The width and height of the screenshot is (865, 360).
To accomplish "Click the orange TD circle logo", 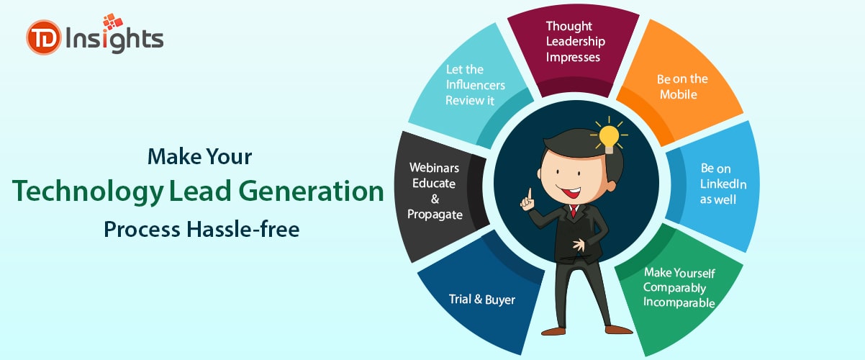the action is click(x=44, y=37).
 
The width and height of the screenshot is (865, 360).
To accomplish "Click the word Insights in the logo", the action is click(x=114, y=39).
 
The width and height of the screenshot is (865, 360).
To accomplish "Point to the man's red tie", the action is click(x=574, y=211).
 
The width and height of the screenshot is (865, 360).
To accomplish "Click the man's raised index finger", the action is click(x=530, y=193).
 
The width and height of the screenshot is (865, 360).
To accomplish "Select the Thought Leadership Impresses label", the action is click(x=576, y=42).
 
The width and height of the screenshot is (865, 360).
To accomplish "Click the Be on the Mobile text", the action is click(x=682, y=86).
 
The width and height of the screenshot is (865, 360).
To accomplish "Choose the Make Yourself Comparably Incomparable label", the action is click(x=679, y=287).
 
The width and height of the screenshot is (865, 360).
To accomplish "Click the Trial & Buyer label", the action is click(x=482, y=300).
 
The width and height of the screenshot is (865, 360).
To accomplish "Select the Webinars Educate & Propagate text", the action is click(x=435, y=191).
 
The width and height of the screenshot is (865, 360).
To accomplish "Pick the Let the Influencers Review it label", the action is click(x=475, y=85).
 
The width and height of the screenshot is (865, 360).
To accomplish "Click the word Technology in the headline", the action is click(x=88, y=192).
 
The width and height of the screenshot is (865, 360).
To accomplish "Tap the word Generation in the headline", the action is click(x=312, y=191).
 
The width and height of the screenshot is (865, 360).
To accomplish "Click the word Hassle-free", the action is click(x=243, y=229).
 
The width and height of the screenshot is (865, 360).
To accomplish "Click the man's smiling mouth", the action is click(x=569, y=191).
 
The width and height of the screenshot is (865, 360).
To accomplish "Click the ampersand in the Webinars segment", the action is click(x=435, y=199).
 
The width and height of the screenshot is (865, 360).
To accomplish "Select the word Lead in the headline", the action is click(x=200, y=191).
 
